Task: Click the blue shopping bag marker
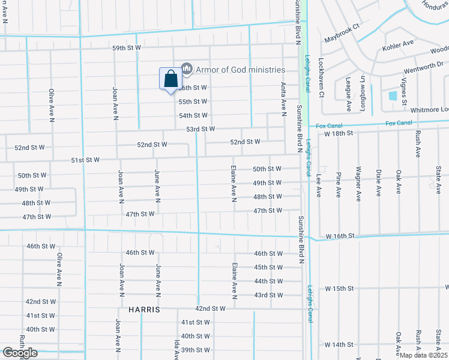(170, 79)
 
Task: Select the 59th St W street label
(126, 47)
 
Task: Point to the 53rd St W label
(200, 129)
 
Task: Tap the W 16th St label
(341, 237)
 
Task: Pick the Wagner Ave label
(358, 184)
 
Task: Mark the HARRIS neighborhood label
(143, 310)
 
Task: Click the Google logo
(20, 353)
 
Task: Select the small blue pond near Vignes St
(393, 95)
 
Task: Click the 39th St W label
(196, 350)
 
